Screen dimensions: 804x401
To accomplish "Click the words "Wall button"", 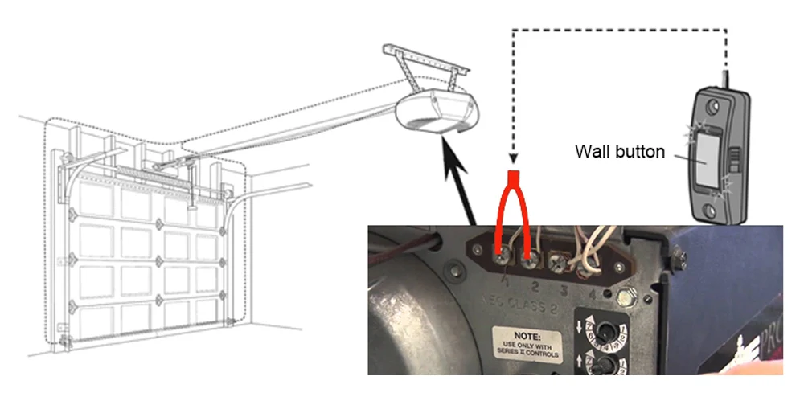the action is [620, 150].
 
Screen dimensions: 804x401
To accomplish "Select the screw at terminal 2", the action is [529, 261].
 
